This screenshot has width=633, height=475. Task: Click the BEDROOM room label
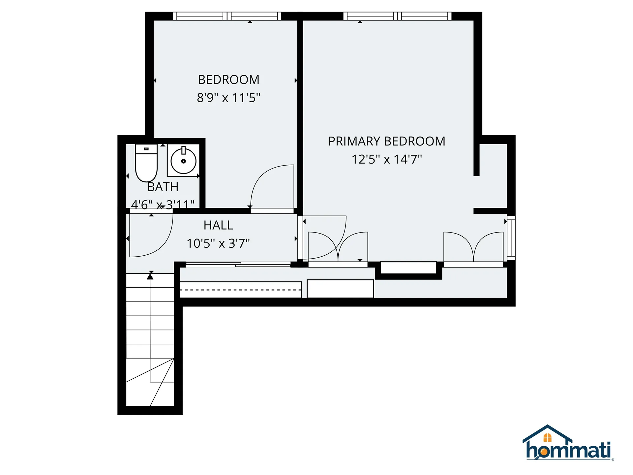228,79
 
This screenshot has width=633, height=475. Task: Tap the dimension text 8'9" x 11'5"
228,98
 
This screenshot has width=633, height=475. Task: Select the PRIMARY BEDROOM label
387,141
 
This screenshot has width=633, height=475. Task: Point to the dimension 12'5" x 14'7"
387,159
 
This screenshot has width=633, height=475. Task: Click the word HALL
218,225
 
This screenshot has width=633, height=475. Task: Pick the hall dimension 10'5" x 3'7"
218,243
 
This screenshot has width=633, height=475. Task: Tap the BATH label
163,187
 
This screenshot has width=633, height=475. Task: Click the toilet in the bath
146,163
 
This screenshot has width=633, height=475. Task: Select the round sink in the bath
183,161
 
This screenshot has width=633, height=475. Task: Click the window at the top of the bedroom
227,16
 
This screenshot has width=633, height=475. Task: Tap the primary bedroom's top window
397,16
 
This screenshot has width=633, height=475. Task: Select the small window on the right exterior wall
511,238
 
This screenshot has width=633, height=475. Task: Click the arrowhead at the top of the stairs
150,276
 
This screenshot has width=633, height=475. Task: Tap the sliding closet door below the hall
238,264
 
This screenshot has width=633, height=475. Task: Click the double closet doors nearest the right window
473,247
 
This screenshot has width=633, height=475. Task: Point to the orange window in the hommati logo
547,437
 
